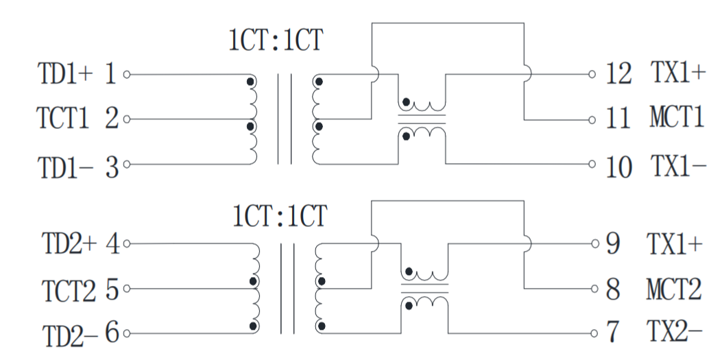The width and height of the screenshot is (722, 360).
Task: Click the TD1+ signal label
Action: [x=62, y=75]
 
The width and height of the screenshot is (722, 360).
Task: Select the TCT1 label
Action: [x=62, y=119]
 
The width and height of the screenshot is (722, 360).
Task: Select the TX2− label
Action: [x=675, y=333]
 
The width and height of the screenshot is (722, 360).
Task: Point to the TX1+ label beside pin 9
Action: [x=675, y=243]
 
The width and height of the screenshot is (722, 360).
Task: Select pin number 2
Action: [x=112, y=119]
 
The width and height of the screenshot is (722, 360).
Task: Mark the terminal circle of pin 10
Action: [x=592, y=165]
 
